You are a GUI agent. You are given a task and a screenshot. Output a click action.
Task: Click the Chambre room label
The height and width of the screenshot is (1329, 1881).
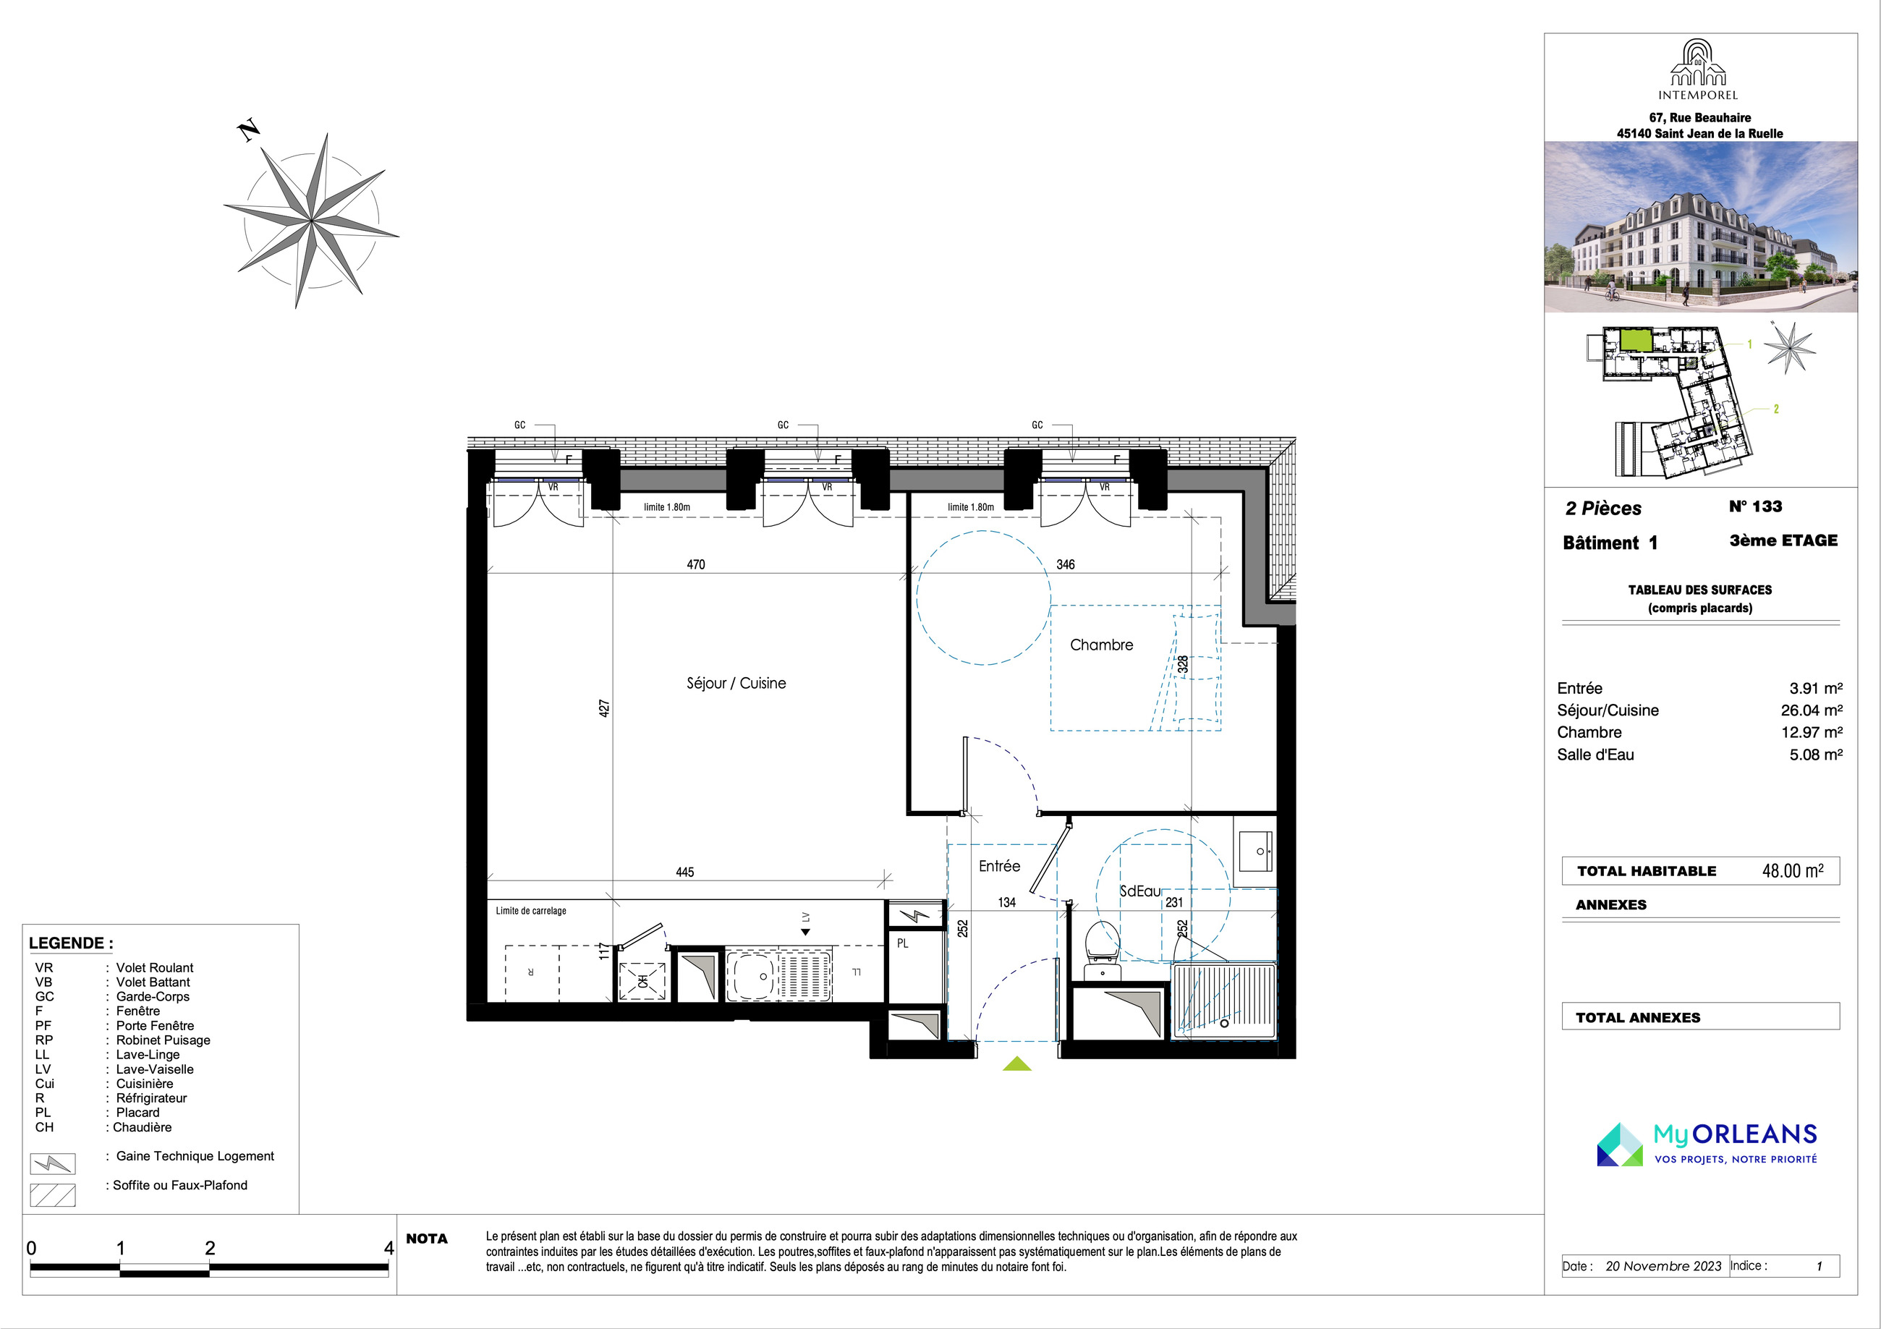click(x=1101, y=645)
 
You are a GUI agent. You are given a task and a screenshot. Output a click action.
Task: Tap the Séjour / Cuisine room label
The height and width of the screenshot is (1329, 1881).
click(x=736, y=684)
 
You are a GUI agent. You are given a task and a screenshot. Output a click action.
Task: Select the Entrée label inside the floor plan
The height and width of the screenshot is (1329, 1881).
click(x=1000, y=866)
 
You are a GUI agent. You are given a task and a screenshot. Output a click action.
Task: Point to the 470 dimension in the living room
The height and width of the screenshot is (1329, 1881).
click(x=695, y=564)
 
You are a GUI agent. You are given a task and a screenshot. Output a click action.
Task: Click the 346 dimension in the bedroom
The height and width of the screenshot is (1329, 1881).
click(x=1065, y=564)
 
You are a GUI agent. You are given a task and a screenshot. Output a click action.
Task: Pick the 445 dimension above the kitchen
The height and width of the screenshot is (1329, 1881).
click(x=685, y=872)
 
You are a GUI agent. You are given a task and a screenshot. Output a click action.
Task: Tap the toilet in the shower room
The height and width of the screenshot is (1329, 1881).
click(x=1102, y=951)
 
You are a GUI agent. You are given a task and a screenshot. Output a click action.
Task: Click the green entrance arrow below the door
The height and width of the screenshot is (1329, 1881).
click(x=1016, y=1063)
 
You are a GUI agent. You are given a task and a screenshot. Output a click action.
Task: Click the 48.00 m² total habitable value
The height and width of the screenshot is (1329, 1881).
click(x=1793, y=871)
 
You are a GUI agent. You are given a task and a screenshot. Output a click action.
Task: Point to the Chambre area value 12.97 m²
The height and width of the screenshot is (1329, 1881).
click(x=1812, y=733)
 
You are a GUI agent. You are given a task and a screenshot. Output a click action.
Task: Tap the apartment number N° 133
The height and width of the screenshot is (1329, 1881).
click(x=1755, y=506)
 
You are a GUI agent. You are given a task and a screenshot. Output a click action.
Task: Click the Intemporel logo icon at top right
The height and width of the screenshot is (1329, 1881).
click(x=1698, y=62)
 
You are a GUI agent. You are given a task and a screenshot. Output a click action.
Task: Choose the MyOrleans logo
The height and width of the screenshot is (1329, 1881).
click(x=1707, y=1144)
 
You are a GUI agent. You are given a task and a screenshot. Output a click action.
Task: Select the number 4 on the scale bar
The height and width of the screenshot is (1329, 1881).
click(x=389, y=1248)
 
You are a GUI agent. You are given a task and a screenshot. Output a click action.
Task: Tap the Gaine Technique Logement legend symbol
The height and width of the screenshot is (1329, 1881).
click(x=52, y=1163)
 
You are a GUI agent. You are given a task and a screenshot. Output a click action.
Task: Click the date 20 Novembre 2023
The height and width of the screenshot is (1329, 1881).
click(x=1663, y=1266)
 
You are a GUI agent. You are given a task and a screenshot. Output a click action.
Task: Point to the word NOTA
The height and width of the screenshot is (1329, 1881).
click(x=427, y=1239)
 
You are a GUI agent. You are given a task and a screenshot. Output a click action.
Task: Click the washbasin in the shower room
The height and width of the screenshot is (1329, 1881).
click(x=1255, y=851)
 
